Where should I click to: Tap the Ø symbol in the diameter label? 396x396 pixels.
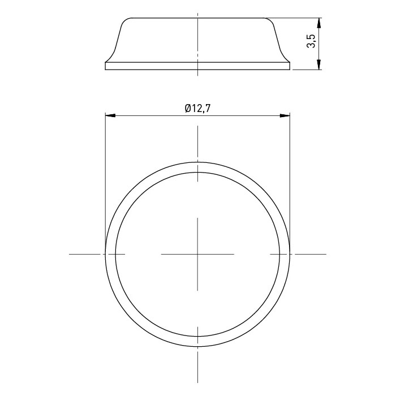[x=188, y=109]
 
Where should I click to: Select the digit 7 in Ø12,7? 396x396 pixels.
[x=207, y=109]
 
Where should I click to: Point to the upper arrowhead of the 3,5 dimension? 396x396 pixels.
[x=319, y=23]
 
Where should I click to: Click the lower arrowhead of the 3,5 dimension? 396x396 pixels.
[x=319, y=64]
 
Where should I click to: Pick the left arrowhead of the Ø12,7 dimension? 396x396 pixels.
[x=110, y=115]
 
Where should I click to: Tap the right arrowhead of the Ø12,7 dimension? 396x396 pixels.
[x=285, y=115]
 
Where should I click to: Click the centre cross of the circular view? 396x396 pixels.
[x=197, y=254]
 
